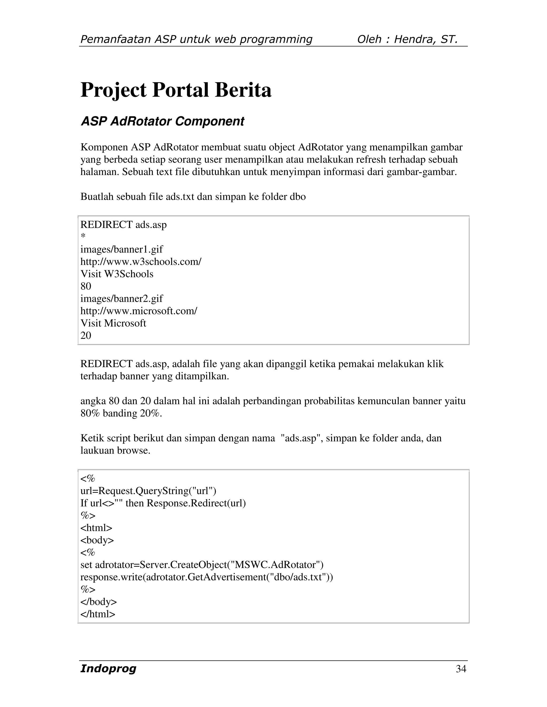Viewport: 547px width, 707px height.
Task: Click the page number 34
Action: tap(461, 669)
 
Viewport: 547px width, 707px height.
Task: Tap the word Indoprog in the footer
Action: tap(108, 669)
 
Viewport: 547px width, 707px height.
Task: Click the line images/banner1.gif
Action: tap(122, 249)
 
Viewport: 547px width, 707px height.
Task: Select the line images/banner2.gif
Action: tap(122, 299)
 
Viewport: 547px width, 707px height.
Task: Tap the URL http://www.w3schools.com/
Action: tap(141, 261)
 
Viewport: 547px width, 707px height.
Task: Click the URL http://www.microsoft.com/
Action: tap(139, 311)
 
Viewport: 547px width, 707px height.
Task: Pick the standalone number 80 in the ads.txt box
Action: tap(86, 286)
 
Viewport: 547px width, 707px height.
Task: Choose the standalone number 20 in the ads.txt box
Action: tap(86, 335)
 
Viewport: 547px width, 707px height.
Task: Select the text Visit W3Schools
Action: tap(117, 274)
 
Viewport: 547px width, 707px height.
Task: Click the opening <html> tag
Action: tap(96, 528)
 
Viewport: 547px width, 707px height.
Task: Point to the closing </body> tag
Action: tap(99, 602)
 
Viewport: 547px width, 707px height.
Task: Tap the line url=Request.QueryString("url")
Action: tap(148, 491)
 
